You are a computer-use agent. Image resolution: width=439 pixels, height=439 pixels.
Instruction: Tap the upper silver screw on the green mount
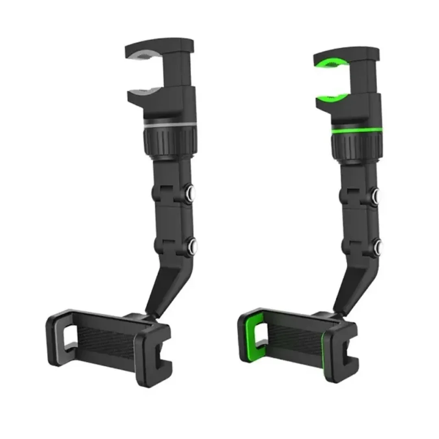[x=377, y=195]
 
